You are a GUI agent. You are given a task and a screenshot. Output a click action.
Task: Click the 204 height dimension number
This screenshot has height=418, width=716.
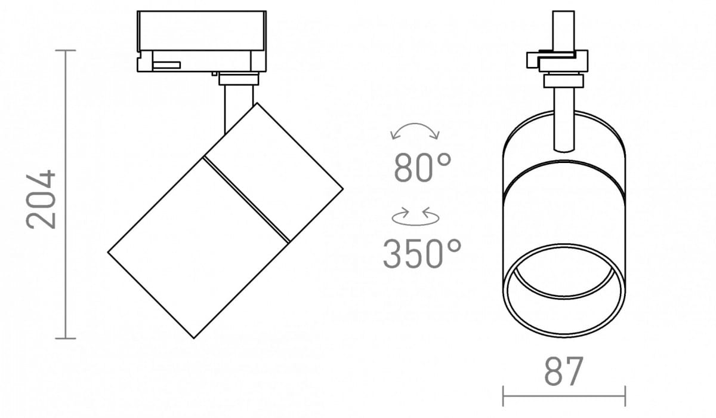coord(41,199)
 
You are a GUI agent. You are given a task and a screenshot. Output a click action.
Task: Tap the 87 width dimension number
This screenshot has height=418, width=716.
coord(564,371)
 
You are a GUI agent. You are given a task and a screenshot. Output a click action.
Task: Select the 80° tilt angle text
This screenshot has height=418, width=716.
coord(422,168)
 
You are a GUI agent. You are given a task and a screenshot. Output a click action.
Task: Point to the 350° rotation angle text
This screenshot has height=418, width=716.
coord(422,254)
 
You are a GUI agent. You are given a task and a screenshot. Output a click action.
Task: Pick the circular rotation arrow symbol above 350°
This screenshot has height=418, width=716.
coord(415,218)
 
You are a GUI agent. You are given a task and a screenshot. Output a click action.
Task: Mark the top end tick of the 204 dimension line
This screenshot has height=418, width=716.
coord(66,51)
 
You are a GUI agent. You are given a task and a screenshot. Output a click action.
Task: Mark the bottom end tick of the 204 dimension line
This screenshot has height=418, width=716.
coord(66,338)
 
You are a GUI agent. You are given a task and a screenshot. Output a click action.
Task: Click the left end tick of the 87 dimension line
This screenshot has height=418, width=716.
coord(503,396)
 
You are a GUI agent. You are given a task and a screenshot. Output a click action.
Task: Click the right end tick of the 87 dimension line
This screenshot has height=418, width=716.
coord(625,396)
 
